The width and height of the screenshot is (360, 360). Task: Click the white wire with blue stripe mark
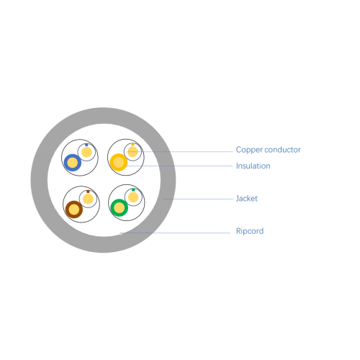click(86, 152)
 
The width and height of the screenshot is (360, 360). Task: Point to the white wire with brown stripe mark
click(88, 199)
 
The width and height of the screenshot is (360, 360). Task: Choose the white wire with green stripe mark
click(133, 197)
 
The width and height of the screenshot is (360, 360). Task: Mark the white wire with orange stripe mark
click(132, 152)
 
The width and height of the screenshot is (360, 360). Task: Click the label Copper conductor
click(268, 150)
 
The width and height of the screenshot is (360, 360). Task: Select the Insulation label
click(253, 166)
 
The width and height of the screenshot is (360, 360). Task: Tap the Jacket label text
click(247, 199)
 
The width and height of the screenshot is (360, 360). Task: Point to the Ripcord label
click(250, 231)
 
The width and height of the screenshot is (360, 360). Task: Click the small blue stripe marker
click(86, 145)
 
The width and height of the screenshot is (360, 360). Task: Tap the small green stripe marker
click(133, 189)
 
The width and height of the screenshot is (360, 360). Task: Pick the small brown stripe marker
click(88, 192)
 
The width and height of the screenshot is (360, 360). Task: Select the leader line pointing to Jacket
click(198, 199)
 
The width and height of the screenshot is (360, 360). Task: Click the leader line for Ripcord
click(175, 233)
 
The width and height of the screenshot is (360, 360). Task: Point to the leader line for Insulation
click(179, 166)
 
